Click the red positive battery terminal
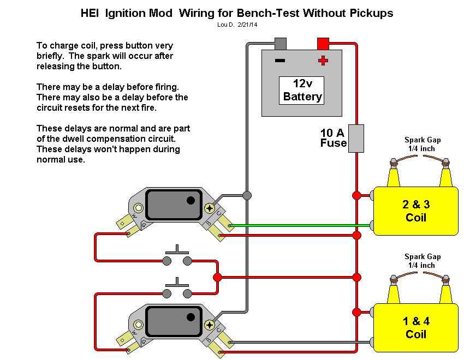[x=323, y=44]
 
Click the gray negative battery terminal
[x=281, y=44]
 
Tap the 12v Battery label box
[x=302, y=91]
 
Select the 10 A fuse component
[x=356, y=138]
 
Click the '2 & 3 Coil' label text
[x=416, y=211]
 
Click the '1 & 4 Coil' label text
[x=416, y=327]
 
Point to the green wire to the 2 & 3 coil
[x=300, y=225]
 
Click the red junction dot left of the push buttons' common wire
[x=217, y=278]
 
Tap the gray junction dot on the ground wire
[x=247, y=195]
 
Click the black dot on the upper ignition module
[x=191, y=201]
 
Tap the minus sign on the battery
[x=279, y=60]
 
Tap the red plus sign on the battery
[x=323, y=60]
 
